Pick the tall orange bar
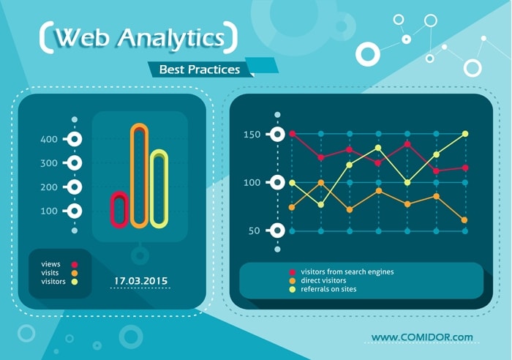[139, 175]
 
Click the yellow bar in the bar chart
[159, 188]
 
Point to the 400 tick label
[49, 139]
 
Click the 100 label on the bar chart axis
[49, 211]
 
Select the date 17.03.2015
[140, 280]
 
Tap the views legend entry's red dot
[74, 263]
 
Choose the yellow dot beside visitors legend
[74, 281]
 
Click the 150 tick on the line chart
[252, 134]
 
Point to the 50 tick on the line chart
[254, 231]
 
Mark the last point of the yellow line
[464, 134]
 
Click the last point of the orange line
[464, 220]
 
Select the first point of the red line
[292, 134]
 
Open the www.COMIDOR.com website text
[422, 337]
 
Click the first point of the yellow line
[292, 182]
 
